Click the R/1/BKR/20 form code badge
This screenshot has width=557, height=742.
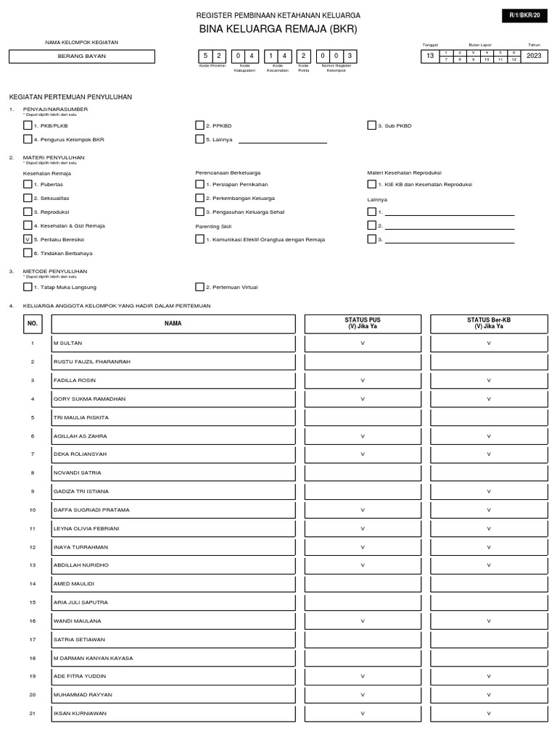pyautogui.click(x=525, y=15)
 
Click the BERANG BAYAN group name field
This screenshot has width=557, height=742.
pyautogui.click(x=82, y=57)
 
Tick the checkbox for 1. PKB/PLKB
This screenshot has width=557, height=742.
pyautogui.click(x=28, y=125)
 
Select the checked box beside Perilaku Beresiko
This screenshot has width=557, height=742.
pyautogui.click(x=28, y=239)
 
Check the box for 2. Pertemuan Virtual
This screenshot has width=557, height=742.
pyautogui.click(x=199, y=287)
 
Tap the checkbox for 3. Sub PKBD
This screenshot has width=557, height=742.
pyautogui.click(x=371, y=125)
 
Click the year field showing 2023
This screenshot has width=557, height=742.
pyautogui.click(x=534, y=56)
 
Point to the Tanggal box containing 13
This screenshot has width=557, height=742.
pyautogui.click(x=430, y=56)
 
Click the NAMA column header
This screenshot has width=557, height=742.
pyautogui.click(x=173, y=323)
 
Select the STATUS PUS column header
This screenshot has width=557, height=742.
pyautogui.click(x=363, y=323)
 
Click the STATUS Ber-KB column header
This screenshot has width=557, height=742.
pyautogui.click(x=488, y=323)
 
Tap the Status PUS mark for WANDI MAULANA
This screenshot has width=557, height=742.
pyautogui.click(x=363, y=621)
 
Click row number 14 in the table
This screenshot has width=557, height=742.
pyautogui.click(x=32, y=583)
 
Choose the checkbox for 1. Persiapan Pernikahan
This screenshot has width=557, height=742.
pyautogui.click(x=199, y=185)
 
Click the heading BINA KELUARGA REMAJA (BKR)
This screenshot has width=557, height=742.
pyautogui.click(x=278, y=30)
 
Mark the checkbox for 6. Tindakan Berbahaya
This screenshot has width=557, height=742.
pyautogui.click(x=28, y=253)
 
